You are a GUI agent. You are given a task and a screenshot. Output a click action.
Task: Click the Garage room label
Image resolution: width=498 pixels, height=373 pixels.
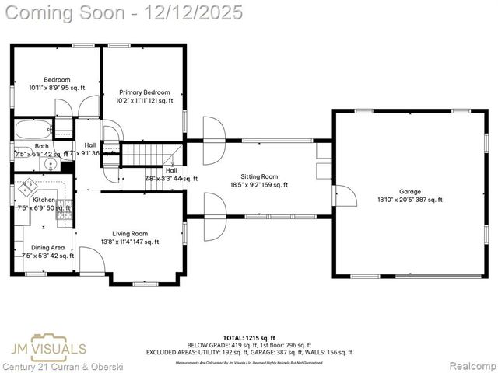(409, 191)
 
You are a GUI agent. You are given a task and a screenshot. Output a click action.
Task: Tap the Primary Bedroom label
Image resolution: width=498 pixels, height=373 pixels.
(145, 92)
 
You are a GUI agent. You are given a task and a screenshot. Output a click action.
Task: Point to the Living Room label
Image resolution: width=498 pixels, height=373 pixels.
(130, 233)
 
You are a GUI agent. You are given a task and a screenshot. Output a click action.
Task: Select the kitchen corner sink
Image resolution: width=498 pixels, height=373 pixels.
(28, 186)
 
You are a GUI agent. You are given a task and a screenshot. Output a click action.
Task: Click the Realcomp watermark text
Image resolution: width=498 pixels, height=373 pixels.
(472, 365)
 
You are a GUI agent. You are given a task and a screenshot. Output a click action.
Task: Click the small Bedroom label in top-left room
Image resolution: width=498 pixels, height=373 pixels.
(57, 79)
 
